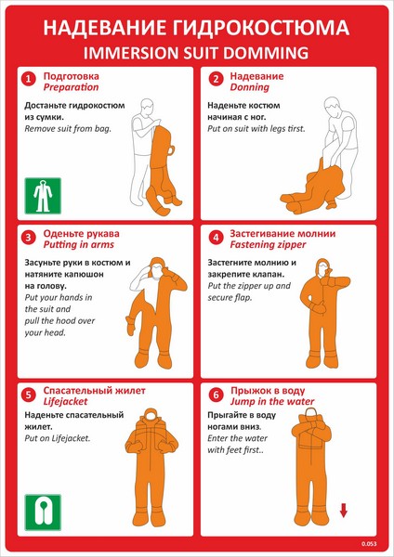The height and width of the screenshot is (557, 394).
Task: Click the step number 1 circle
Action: pos(29,79)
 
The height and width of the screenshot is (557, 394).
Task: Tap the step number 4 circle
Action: pos(216,237)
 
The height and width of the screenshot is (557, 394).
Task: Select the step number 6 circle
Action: pos(216,395)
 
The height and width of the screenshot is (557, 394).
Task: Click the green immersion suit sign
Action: pos(43,196)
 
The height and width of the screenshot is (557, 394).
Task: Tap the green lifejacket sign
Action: pos(43,512)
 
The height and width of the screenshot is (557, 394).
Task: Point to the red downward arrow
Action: pos(343,511)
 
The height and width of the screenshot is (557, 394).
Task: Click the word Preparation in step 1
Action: pos(71,88)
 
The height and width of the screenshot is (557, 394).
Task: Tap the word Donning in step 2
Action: pos(249,88)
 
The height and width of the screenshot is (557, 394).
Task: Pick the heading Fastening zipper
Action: pos(268,245)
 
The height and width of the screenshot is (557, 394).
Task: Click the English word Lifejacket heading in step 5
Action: pos(65,402)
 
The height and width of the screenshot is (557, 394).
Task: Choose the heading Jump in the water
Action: pos(272,402)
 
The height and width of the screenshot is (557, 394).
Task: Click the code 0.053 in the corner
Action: pos(369,543)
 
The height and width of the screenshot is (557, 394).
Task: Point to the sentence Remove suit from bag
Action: pos(68,129)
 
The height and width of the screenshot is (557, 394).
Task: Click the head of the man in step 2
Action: pos(333,106)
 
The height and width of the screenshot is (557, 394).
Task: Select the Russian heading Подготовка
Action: pos(72,76)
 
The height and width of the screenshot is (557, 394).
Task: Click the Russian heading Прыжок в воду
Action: pos(268,391)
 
